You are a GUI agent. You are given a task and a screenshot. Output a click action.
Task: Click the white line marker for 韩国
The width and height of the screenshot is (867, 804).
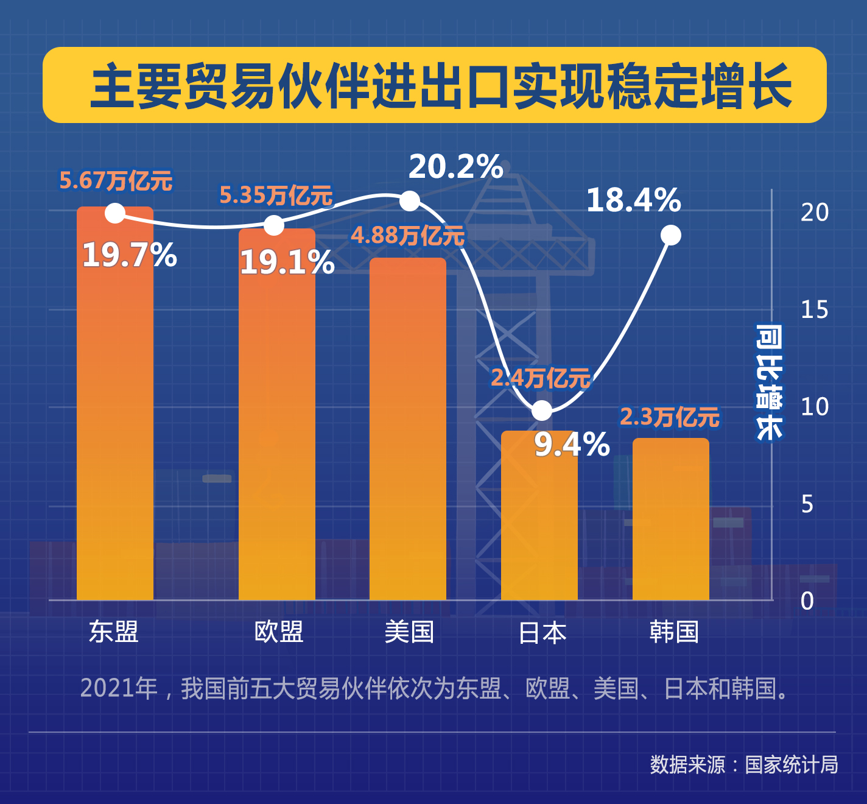click(671, 235)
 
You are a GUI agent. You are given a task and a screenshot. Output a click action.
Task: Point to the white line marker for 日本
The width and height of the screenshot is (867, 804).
click(542, 411)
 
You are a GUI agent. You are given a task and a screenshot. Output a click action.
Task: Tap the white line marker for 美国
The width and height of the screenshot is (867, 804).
click(410, 200)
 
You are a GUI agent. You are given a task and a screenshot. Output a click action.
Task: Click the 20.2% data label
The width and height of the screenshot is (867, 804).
click(455, 167)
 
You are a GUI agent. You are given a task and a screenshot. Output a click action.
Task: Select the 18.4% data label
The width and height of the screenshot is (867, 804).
click(633, 200)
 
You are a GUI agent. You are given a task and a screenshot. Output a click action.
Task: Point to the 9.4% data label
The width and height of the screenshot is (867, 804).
click(572, 445)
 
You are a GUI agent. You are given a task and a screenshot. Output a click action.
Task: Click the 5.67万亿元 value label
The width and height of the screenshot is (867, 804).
click(116, 181)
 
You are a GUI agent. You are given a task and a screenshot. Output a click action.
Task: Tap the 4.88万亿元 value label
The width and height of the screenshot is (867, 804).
click(407, 236)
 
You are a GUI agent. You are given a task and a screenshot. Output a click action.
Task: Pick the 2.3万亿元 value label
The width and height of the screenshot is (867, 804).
click(670, 418)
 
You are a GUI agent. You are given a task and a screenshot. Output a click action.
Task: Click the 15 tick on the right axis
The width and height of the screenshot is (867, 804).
click(814, 310)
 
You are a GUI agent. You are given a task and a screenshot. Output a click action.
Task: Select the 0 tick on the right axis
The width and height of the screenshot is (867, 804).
click(807, 601)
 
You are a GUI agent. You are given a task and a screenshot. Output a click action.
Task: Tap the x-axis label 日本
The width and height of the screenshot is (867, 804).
click(542, 633)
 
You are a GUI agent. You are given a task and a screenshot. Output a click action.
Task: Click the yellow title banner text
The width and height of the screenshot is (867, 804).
click(441, 86)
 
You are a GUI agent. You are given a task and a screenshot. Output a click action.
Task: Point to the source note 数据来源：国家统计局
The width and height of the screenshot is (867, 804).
click(743, 765)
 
